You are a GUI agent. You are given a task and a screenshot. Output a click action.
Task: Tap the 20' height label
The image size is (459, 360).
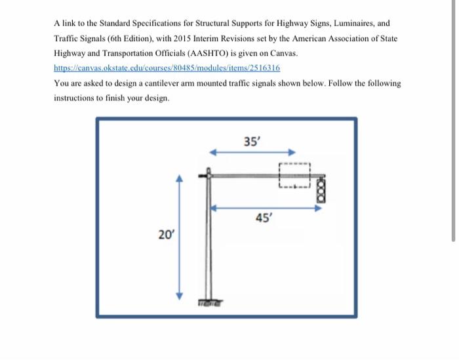coord(166,233)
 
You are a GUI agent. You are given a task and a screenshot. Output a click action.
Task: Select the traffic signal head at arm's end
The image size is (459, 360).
coord(321,189)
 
